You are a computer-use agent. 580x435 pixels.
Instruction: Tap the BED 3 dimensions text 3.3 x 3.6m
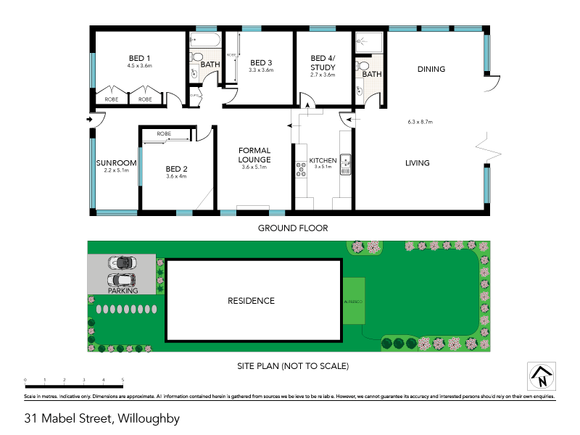coord(260,70)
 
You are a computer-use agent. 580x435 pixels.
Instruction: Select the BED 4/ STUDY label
coord(323,62)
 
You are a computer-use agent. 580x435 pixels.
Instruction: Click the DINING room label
coord(431,70)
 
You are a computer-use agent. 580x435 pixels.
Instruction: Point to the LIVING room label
coord(417,163)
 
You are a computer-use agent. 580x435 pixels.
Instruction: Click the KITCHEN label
coord(323,160)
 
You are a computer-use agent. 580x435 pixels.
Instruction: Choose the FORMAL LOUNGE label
coord(254,155)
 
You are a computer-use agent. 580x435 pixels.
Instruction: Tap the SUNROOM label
coord(116,162)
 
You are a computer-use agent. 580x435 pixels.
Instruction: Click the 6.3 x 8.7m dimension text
coord(420,122)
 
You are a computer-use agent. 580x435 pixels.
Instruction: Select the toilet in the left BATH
coord(196,58)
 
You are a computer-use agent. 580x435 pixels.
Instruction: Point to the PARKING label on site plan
coord(123,291)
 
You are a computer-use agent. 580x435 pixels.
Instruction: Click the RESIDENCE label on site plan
coord(251,300)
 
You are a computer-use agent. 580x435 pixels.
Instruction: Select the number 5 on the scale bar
coord(123,380)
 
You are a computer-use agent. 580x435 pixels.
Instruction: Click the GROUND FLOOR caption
coord(293,228)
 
